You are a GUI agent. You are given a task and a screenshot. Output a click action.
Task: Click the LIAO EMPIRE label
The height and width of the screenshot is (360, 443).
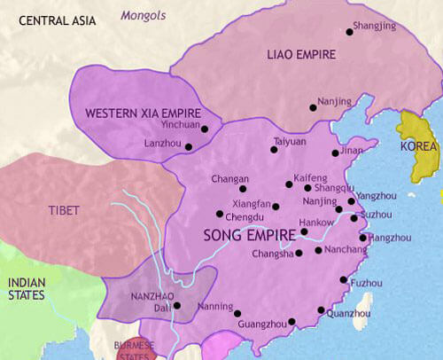coord(301,55)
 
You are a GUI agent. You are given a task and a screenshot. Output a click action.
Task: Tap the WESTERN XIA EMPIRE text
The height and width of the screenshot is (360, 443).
coord(141,113)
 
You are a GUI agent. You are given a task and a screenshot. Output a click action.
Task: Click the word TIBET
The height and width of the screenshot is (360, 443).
coord(65,211)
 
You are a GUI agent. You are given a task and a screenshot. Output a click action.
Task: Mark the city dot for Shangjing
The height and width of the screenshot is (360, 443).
coord(348,36)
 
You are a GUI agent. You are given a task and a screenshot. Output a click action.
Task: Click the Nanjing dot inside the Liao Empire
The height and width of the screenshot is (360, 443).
coord(313,108)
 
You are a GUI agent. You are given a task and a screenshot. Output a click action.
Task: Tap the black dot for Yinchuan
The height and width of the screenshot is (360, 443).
coord(205,129)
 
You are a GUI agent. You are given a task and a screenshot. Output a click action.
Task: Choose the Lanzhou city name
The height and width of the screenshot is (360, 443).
coord(162,144)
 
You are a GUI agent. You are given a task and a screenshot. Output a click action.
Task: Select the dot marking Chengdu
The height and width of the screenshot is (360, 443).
coord(219,214)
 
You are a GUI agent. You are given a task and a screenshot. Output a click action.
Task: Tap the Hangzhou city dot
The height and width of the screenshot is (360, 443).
coord(362,238)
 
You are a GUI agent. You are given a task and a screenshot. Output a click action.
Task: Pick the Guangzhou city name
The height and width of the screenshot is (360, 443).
coord(263,325)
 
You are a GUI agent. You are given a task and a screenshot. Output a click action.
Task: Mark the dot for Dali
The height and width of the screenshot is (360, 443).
coord(177,306)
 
